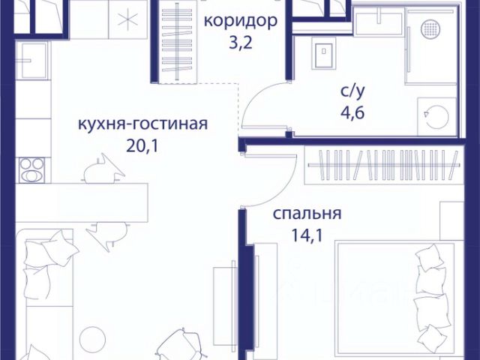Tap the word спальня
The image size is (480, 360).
pos(307,214)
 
